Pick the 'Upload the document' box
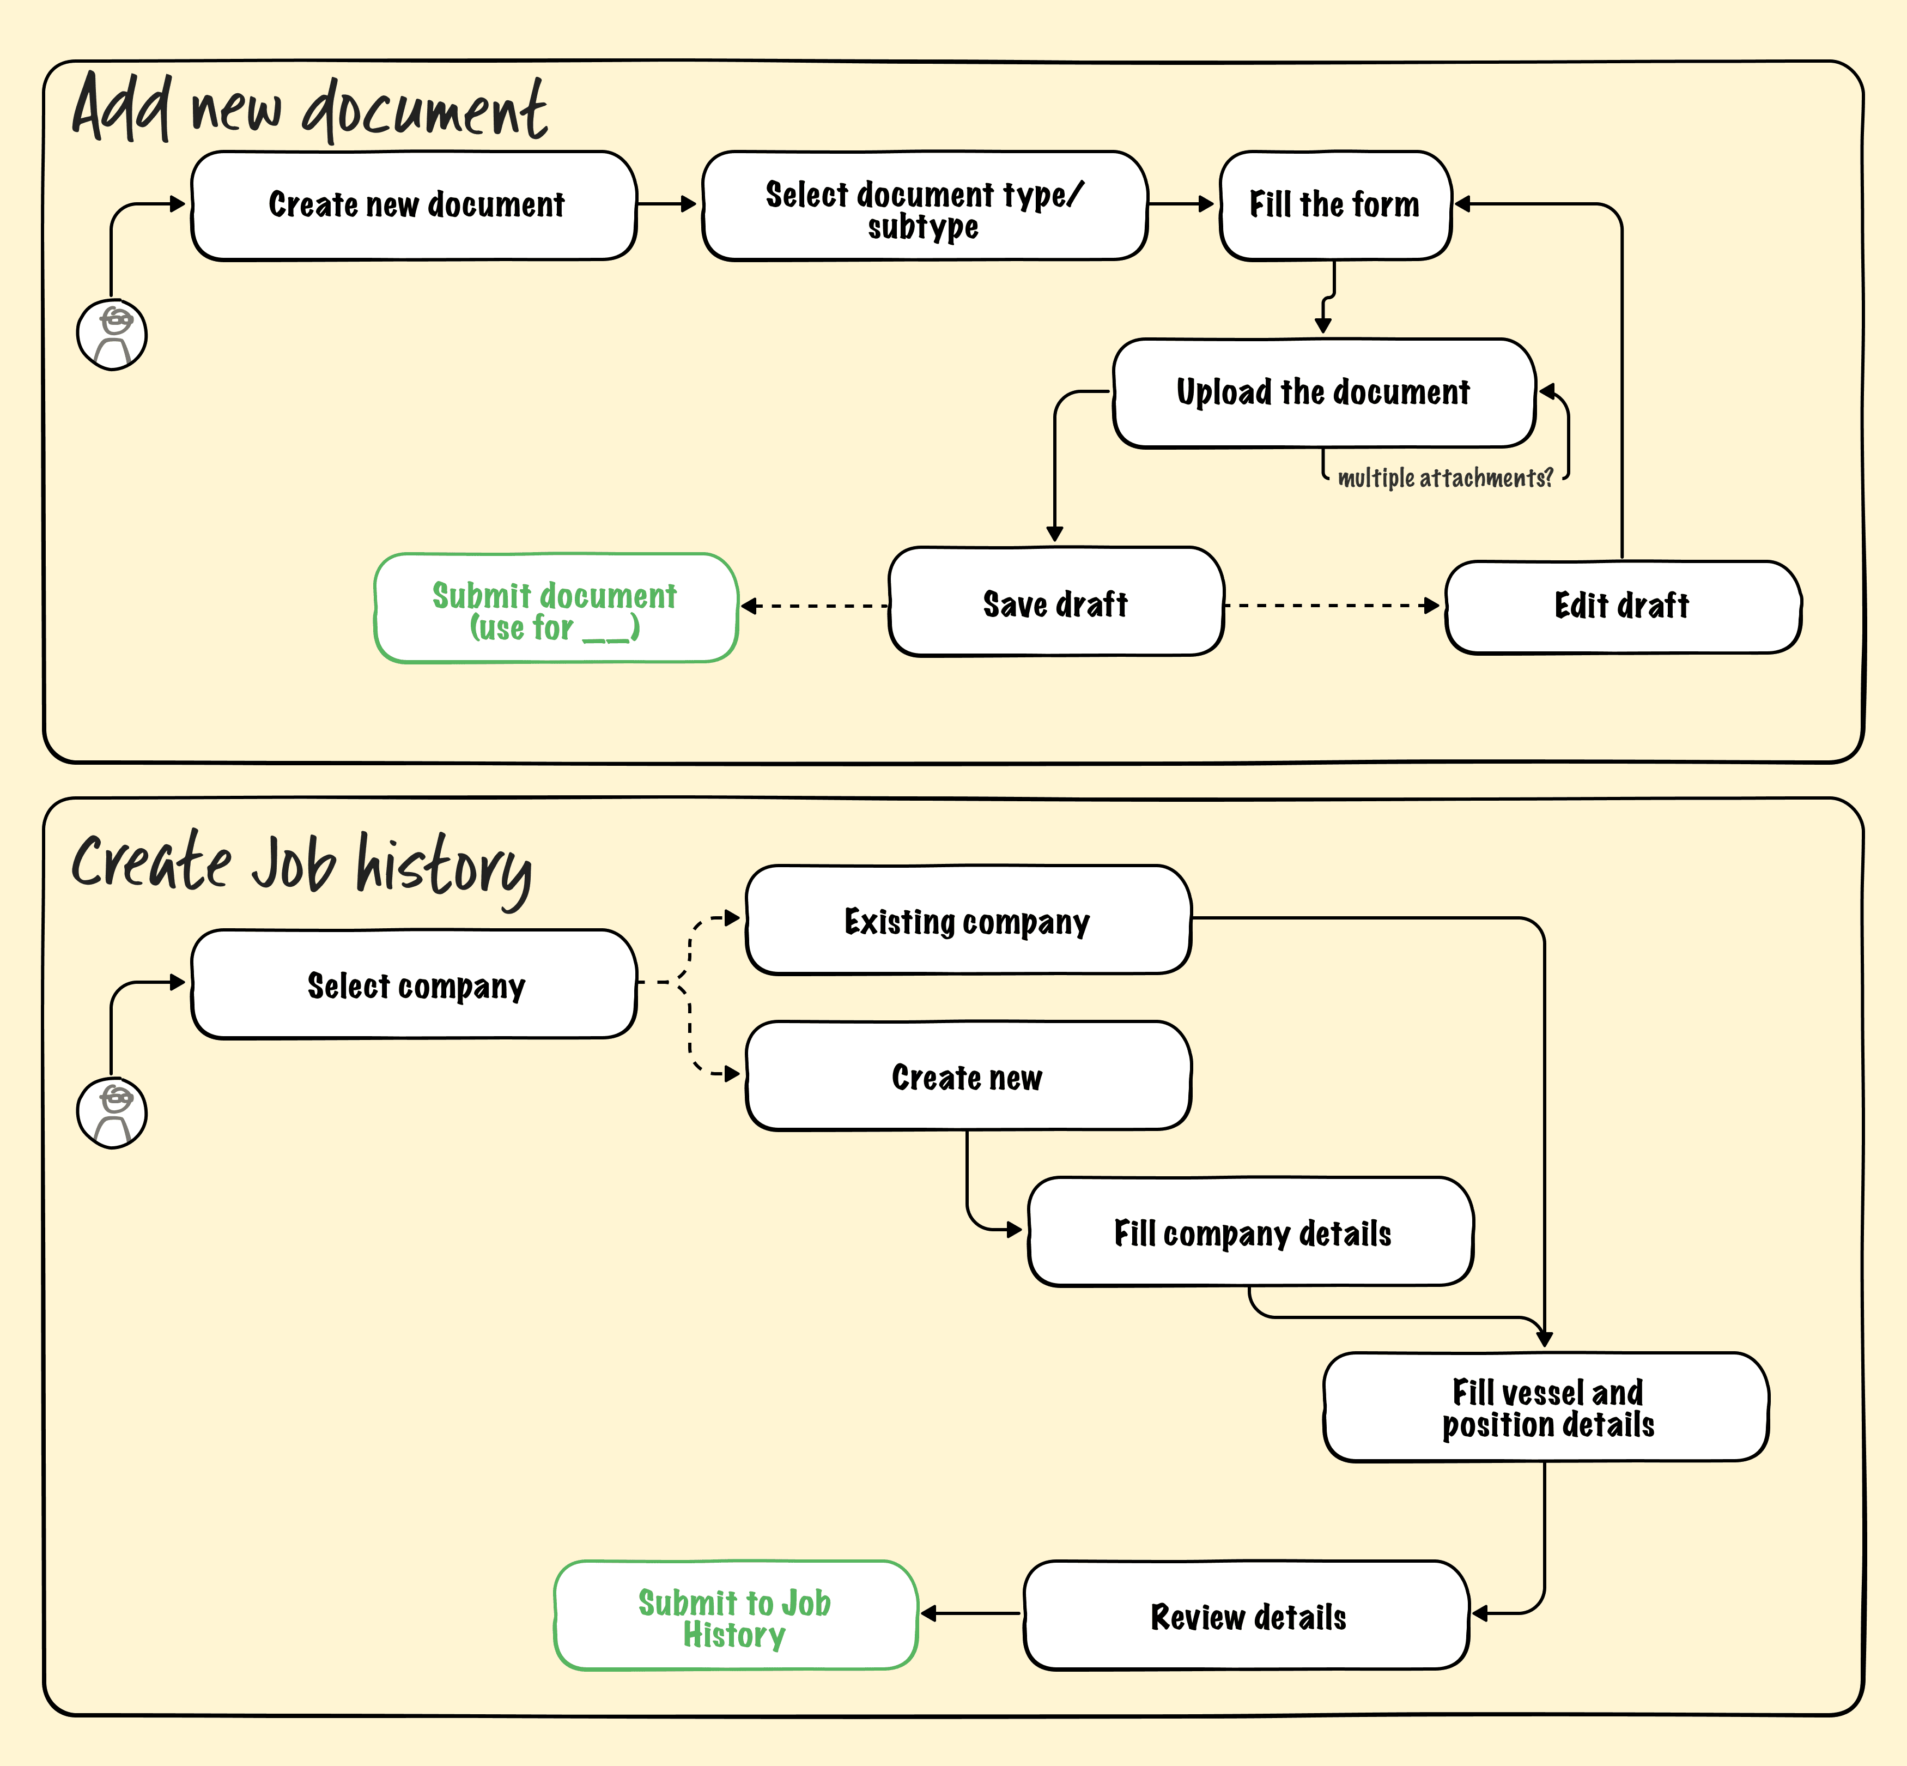(x=1324, y=393)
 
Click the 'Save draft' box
(x=1056, y=602)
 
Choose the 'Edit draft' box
(x=1622, y=607)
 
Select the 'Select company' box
(x=414, y=984)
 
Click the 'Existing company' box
(x=968, y=920)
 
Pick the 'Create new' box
(x=968, y=1076)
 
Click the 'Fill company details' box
(x=1250, y=1232)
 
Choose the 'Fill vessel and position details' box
(x=1546, y=1407)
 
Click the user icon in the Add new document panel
(x=112, y=335)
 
